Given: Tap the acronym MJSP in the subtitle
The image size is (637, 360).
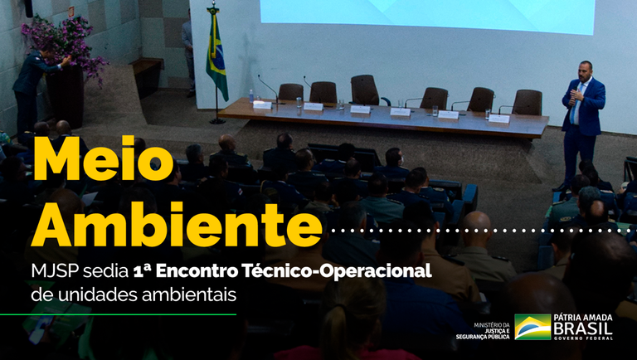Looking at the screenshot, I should tap(56, 271).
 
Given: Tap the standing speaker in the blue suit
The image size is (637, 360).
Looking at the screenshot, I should tap(582, 116).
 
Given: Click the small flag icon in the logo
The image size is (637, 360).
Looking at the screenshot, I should tap(532, 327).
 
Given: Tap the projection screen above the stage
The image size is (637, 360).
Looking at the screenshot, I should tap(427, 17).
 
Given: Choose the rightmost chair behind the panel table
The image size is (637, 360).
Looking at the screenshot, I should tap(527, 102).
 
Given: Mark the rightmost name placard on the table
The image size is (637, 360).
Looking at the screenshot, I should tap(498, 119).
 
